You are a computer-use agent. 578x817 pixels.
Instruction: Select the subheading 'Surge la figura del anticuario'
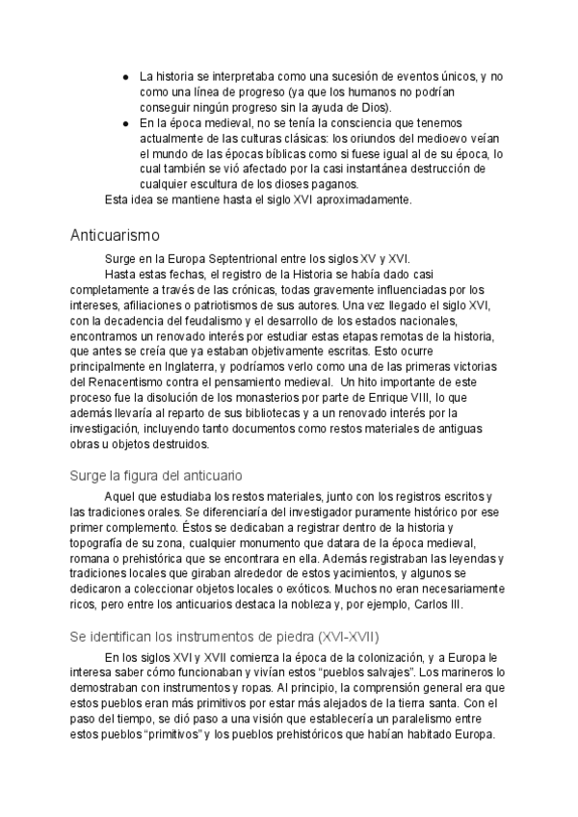click(156, 475)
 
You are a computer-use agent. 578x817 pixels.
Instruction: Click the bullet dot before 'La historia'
click(126, 76)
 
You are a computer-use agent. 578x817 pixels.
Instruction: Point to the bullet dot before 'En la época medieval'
click(126, 123)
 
